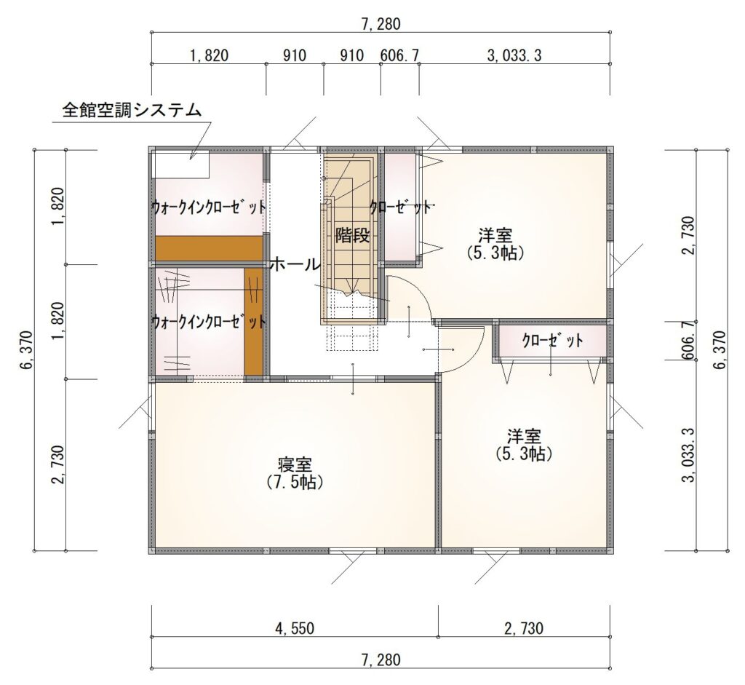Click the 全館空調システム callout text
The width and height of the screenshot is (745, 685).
click(x=132, y=111)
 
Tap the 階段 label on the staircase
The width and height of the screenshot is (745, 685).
click(x=352, y=235)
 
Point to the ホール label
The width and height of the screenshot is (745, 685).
click(x=295, y=264)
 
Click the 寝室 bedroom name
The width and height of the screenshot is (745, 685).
click(x=295, y=464)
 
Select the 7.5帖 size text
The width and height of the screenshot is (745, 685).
click(x=295, y=483)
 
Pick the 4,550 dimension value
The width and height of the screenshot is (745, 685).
click(x=295, y=628)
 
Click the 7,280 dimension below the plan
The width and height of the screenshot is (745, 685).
click(x=381, y=660)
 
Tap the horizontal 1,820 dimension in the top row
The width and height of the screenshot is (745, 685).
click(x=209, y=55)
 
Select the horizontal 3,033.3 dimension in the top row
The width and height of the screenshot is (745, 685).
click(x=514, y=55)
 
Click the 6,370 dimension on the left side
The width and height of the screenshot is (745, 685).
click(x=27, y=350)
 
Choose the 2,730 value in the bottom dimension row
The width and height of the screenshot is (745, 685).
click(x=524, y=628)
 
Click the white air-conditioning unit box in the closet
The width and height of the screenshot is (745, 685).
click(x=182, y=164)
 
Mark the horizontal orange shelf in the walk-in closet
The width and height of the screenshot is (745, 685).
click(x=210, y=248)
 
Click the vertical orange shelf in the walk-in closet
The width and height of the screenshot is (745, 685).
click(x=254, y=321)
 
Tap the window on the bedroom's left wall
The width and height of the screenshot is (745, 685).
click(x=151, y=407)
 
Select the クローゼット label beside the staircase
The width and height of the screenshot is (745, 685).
click(x=401, y=207)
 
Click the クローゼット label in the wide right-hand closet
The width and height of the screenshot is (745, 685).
click(x=552, y=341)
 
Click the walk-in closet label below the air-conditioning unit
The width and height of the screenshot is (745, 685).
click(x=209, y=207)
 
